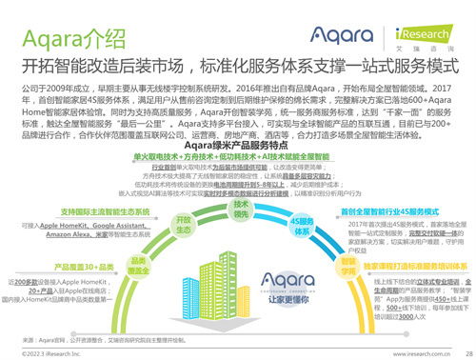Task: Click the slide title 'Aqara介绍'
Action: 65,39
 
